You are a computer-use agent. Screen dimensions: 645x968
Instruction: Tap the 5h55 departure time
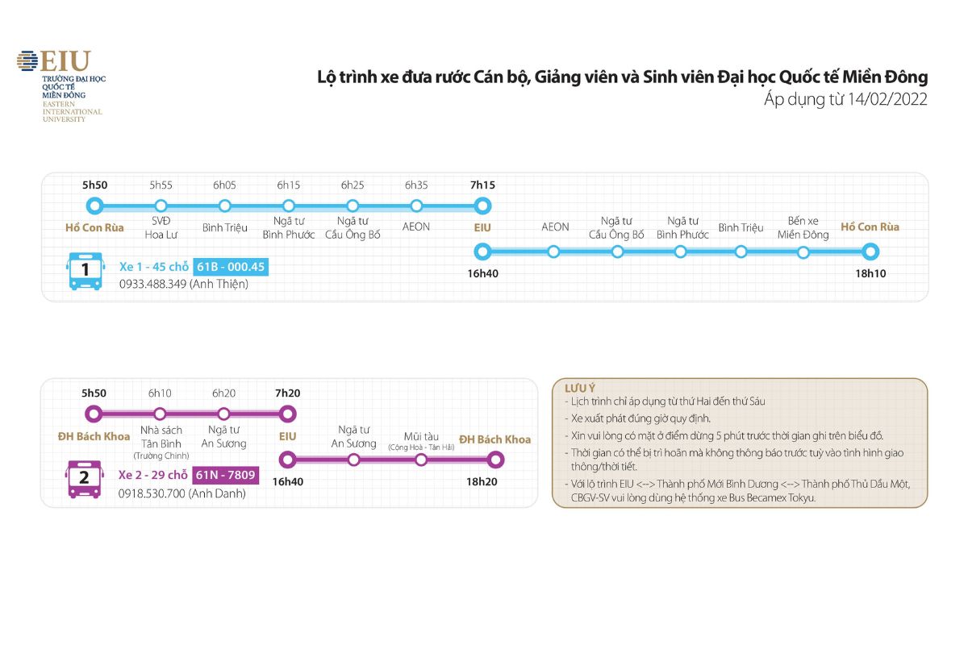pyautogui.click(x=161, y=185)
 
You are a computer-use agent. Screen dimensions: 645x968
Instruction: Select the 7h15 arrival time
pyautogui.click(x=482, y=185)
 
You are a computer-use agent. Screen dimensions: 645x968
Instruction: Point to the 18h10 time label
pyautogui.click(x=870, y=274)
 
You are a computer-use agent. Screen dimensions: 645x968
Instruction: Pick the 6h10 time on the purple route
pyautogui.click(x=160, y=393)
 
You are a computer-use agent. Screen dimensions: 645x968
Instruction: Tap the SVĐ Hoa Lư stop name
pyautogui.click(x=161, y=227)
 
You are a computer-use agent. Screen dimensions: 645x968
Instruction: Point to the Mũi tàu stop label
pyautogui.click(x=420, y=437)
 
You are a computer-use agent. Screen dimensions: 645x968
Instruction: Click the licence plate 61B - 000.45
pyautogui.click(x=231, y=267)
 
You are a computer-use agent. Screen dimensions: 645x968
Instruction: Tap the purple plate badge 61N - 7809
pyautogui.click(x=226, y=475)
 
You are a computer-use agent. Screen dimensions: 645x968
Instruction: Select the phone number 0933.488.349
pyautogui.click(x=154, y=284)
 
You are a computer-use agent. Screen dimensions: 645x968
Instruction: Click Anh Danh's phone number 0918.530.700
pyautogui.click(x=152, y=493)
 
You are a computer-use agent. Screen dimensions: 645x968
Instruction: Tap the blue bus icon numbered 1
pyautogui.click(x=86, y=270)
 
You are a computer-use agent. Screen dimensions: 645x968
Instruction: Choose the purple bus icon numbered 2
pyautogui.click(x=84, y=478)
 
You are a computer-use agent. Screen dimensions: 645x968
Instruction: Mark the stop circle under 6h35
pyautogui.click(x=416, y=206)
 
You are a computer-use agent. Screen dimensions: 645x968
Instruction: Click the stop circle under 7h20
pyautogui.click(x=287, y=414)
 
